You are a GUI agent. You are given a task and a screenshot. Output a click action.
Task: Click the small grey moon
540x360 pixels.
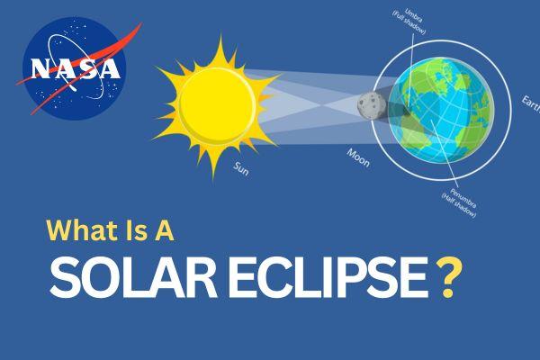tap(370, 106)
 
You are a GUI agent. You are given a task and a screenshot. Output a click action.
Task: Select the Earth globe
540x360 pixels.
tap(443, 104)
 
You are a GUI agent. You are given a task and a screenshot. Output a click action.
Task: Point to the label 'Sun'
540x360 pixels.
tap(241, 168)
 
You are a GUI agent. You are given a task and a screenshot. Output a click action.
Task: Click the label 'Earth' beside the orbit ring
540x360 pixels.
tap(529, 101)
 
